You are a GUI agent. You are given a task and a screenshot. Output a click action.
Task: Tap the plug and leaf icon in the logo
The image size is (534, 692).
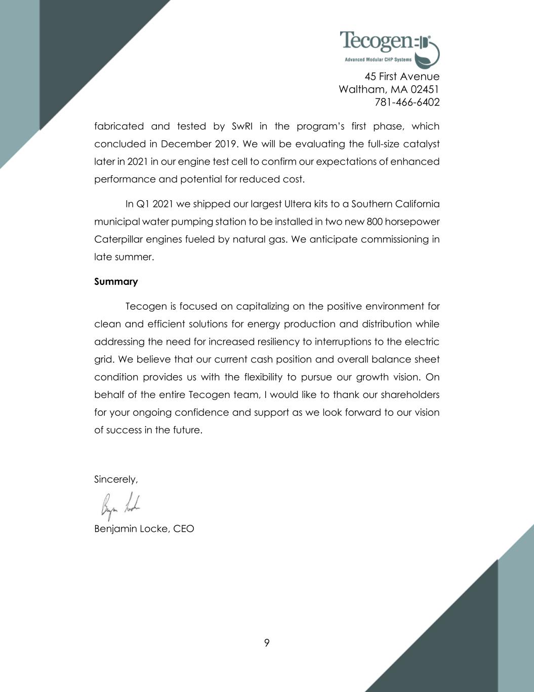pyautogui.click(x=427, y=51)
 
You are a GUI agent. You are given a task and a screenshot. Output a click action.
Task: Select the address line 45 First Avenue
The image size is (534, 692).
pyautogui.click(x=402, y=77)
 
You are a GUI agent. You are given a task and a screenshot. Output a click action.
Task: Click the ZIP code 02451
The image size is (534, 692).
pyautogui.click(x=424, y=90)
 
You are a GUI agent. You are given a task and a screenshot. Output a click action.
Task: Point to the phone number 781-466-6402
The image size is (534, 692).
pyautogui.click(x=407, y=102)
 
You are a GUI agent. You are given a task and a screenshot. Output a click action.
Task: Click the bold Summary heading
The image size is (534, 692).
pyautogui.click(x=116, y=282)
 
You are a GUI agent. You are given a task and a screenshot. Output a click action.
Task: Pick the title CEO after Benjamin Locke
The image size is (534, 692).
pyautogui.click(x=183, y=529)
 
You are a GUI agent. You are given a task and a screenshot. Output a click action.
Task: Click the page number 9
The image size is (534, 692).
pyautogui.click(x=267, y=643)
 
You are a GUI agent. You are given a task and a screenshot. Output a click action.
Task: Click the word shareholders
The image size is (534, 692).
pyautogui.click(x=409, y=395)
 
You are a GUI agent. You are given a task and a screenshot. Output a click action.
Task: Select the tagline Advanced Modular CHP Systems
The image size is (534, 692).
pyautogui.click(x=378, y=60)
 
